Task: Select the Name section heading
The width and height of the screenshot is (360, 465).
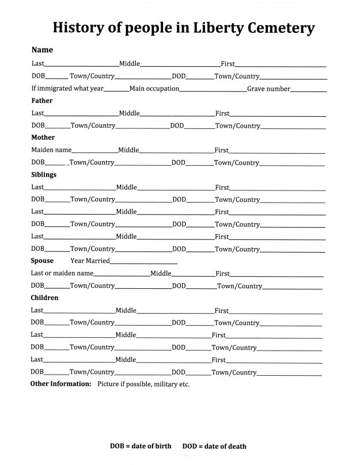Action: click(42, 50)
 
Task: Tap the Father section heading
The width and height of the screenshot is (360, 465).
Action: click(42, 101)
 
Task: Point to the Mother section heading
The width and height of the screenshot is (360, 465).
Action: click(43, 138)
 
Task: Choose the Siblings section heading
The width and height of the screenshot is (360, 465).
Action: click(44, 174)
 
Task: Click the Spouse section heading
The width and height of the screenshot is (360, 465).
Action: click(42, 261)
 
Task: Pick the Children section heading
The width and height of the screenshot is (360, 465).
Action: click(44, 298)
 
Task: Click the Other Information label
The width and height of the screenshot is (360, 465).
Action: click(60, 384)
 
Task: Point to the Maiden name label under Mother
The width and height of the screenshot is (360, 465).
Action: click(51, 150)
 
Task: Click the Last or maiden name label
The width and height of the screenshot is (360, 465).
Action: click(62, 273)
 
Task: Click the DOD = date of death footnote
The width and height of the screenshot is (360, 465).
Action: click(214, 446)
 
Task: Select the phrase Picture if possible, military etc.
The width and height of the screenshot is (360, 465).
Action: click(143, 384)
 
